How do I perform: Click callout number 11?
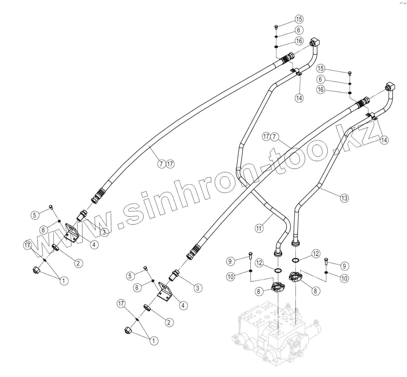259,228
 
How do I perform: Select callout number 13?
344,198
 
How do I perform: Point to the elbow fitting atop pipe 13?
391,86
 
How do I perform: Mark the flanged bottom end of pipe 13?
296,244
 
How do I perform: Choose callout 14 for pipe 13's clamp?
384,140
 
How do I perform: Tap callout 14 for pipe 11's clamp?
299,98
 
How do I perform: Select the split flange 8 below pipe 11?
277,287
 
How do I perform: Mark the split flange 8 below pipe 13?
296,277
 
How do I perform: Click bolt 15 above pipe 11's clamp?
276,27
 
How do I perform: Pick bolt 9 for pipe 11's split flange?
250,255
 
